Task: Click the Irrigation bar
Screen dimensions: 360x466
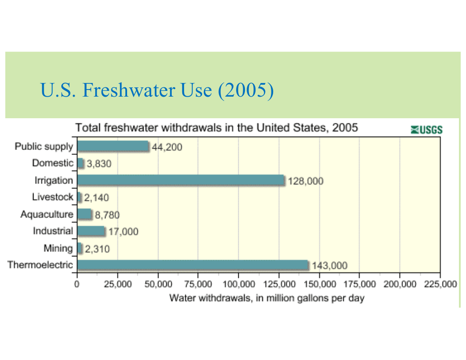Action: [x=181, y=180]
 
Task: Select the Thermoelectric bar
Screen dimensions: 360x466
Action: [x=193, y=265]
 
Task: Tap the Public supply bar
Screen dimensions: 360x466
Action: [x=113, y=146]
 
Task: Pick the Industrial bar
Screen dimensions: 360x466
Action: [x=91, y=231]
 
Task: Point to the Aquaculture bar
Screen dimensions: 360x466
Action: [x=84, y=214]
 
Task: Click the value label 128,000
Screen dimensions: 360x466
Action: [x=305, y=181]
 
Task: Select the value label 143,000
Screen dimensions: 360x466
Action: [x=329, y=266]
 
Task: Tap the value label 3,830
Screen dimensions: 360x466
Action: [x=99, y=164]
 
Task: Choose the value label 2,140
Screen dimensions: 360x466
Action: [x=96, y=198]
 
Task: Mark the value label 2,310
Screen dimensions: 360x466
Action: [x=97, y=249]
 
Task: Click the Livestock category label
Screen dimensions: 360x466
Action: [x=53, y=197]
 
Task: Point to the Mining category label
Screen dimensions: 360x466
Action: [x=58, y=248]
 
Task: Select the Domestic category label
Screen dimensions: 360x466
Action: [x=53, y=163]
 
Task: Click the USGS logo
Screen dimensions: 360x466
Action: [x=426, y=130]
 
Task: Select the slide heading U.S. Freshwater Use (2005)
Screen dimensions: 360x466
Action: [x=157, y=90]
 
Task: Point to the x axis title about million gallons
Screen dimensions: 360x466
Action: [x=267, y=298]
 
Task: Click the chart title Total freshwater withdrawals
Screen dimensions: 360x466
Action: [x=217, y=128]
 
